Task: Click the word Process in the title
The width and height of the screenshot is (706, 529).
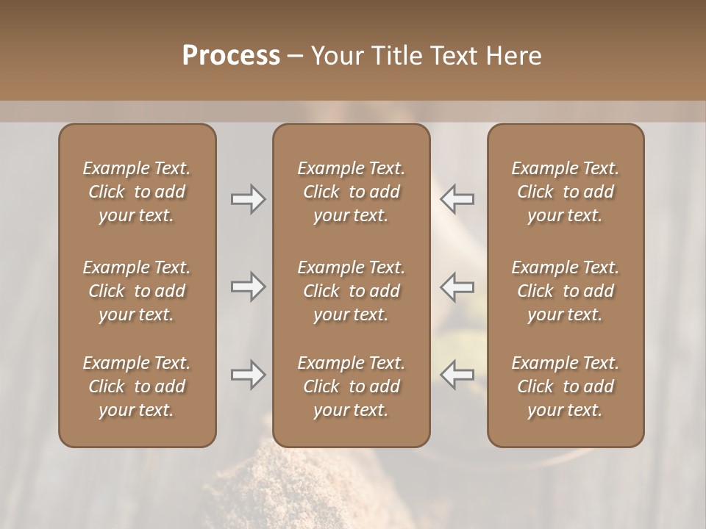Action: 231,56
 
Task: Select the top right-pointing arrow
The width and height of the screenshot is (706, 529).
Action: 248,199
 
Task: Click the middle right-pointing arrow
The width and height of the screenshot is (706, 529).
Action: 248,287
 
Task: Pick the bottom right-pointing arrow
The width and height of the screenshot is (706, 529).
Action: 248,375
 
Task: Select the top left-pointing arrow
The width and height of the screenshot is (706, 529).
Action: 457,199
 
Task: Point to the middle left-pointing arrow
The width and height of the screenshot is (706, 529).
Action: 457,287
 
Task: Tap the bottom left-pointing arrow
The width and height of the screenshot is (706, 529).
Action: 457,375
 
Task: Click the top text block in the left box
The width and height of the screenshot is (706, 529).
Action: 137,192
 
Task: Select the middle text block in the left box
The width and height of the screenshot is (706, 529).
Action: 137,291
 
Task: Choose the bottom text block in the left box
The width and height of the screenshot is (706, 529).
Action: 137,386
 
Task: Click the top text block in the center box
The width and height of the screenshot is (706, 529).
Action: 351,192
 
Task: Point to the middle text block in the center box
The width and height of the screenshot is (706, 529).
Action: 351,291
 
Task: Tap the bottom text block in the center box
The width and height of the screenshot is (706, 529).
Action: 351,386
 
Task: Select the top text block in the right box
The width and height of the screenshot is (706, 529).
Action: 566,192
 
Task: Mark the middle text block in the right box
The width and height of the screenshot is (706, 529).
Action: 566,291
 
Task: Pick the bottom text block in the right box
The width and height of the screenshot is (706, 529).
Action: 566,386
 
